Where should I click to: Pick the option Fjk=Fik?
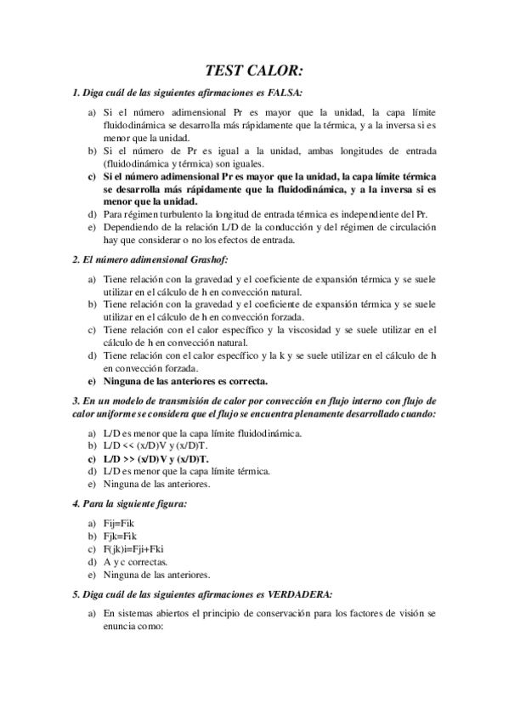coord(123,536)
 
